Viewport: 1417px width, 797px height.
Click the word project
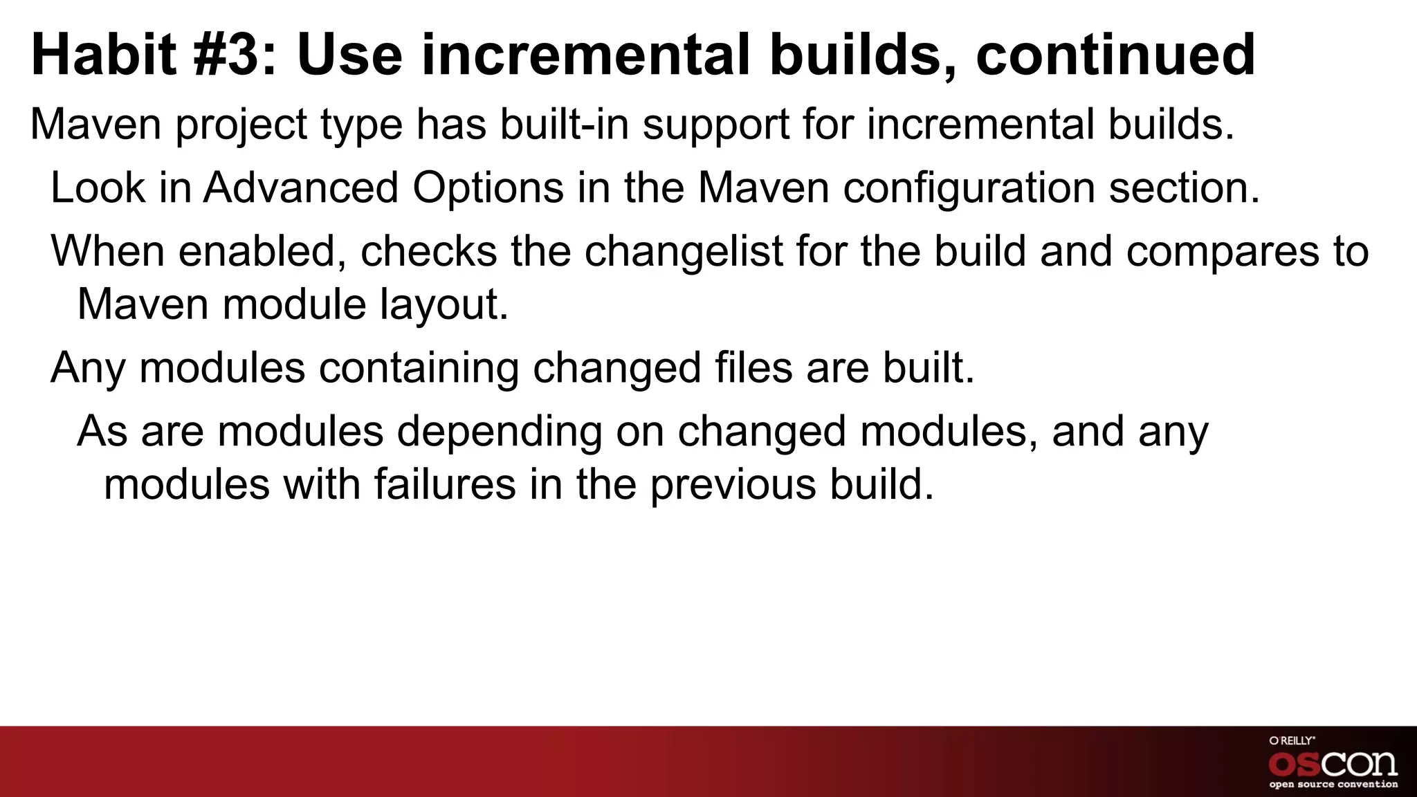(240, 126)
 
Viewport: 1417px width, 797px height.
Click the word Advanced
(301, 187)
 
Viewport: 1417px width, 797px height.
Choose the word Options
(488, 189)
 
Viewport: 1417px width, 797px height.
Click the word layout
(444, 305)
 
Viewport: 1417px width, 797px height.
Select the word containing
(419, 368)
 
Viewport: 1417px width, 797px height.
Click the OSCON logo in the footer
(1333, 764)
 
